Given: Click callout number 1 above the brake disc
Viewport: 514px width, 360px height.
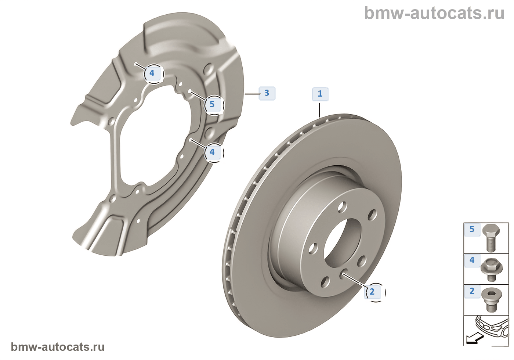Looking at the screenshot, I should click(320, 94).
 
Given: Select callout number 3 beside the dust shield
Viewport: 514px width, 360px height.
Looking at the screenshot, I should click(267, 93).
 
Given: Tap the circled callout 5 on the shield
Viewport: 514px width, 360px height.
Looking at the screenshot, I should click(212, 104).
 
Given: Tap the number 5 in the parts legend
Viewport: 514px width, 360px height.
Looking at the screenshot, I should click(472, 230).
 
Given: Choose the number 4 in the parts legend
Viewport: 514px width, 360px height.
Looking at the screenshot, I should click(472, 260).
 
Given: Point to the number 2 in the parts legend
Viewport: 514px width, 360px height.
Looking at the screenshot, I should click(472, 291).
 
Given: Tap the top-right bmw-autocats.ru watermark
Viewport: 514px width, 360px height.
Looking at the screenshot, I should click(434, 13).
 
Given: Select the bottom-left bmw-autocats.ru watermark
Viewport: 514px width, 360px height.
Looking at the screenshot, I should click(58, 347).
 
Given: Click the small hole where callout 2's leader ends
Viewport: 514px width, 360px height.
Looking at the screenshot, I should click(344, 273).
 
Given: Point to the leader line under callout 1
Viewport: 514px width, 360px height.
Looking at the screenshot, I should click(320, 110).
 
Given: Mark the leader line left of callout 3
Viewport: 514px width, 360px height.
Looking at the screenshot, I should click(252, 94).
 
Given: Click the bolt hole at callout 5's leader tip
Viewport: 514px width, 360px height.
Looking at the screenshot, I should click(190, 91).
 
